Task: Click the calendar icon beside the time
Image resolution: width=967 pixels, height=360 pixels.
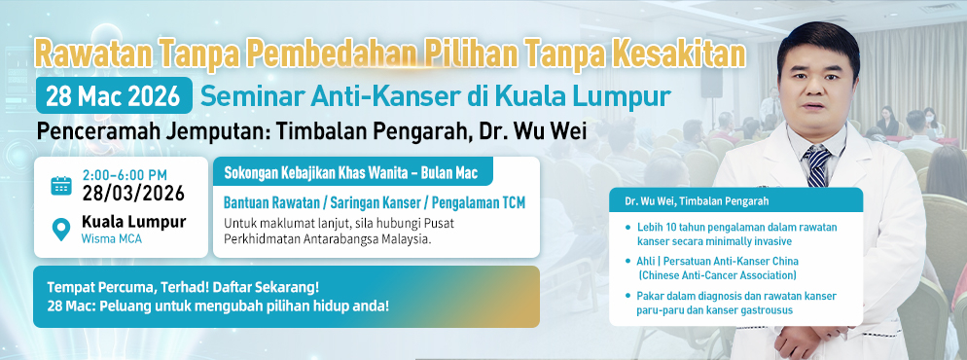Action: pos(61,185)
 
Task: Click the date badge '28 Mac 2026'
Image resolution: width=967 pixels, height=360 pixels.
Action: pos(114,95)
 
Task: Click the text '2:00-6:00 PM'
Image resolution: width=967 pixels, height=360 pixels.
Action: pos(125,175)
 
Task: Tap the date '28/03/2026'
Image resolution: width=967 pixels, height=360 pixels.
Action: pos(134,193)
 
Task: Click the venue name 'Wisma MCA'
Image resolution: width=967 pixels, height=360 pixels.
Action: pos(112,239)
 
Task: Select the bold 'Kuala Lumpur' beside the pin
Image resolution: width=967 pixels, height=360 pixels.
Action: pos(134,222)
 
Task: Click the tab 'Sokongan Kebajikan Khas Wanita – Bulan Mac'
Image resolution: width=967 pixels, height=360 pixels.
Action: pos(351,172)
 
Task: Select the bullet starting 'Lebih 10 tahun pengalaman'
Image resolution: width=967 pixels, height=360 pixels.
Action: pos(731,234)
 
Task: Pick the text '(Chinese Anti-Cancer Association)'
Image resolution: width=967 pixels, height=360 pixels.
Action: pos(717,275)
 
